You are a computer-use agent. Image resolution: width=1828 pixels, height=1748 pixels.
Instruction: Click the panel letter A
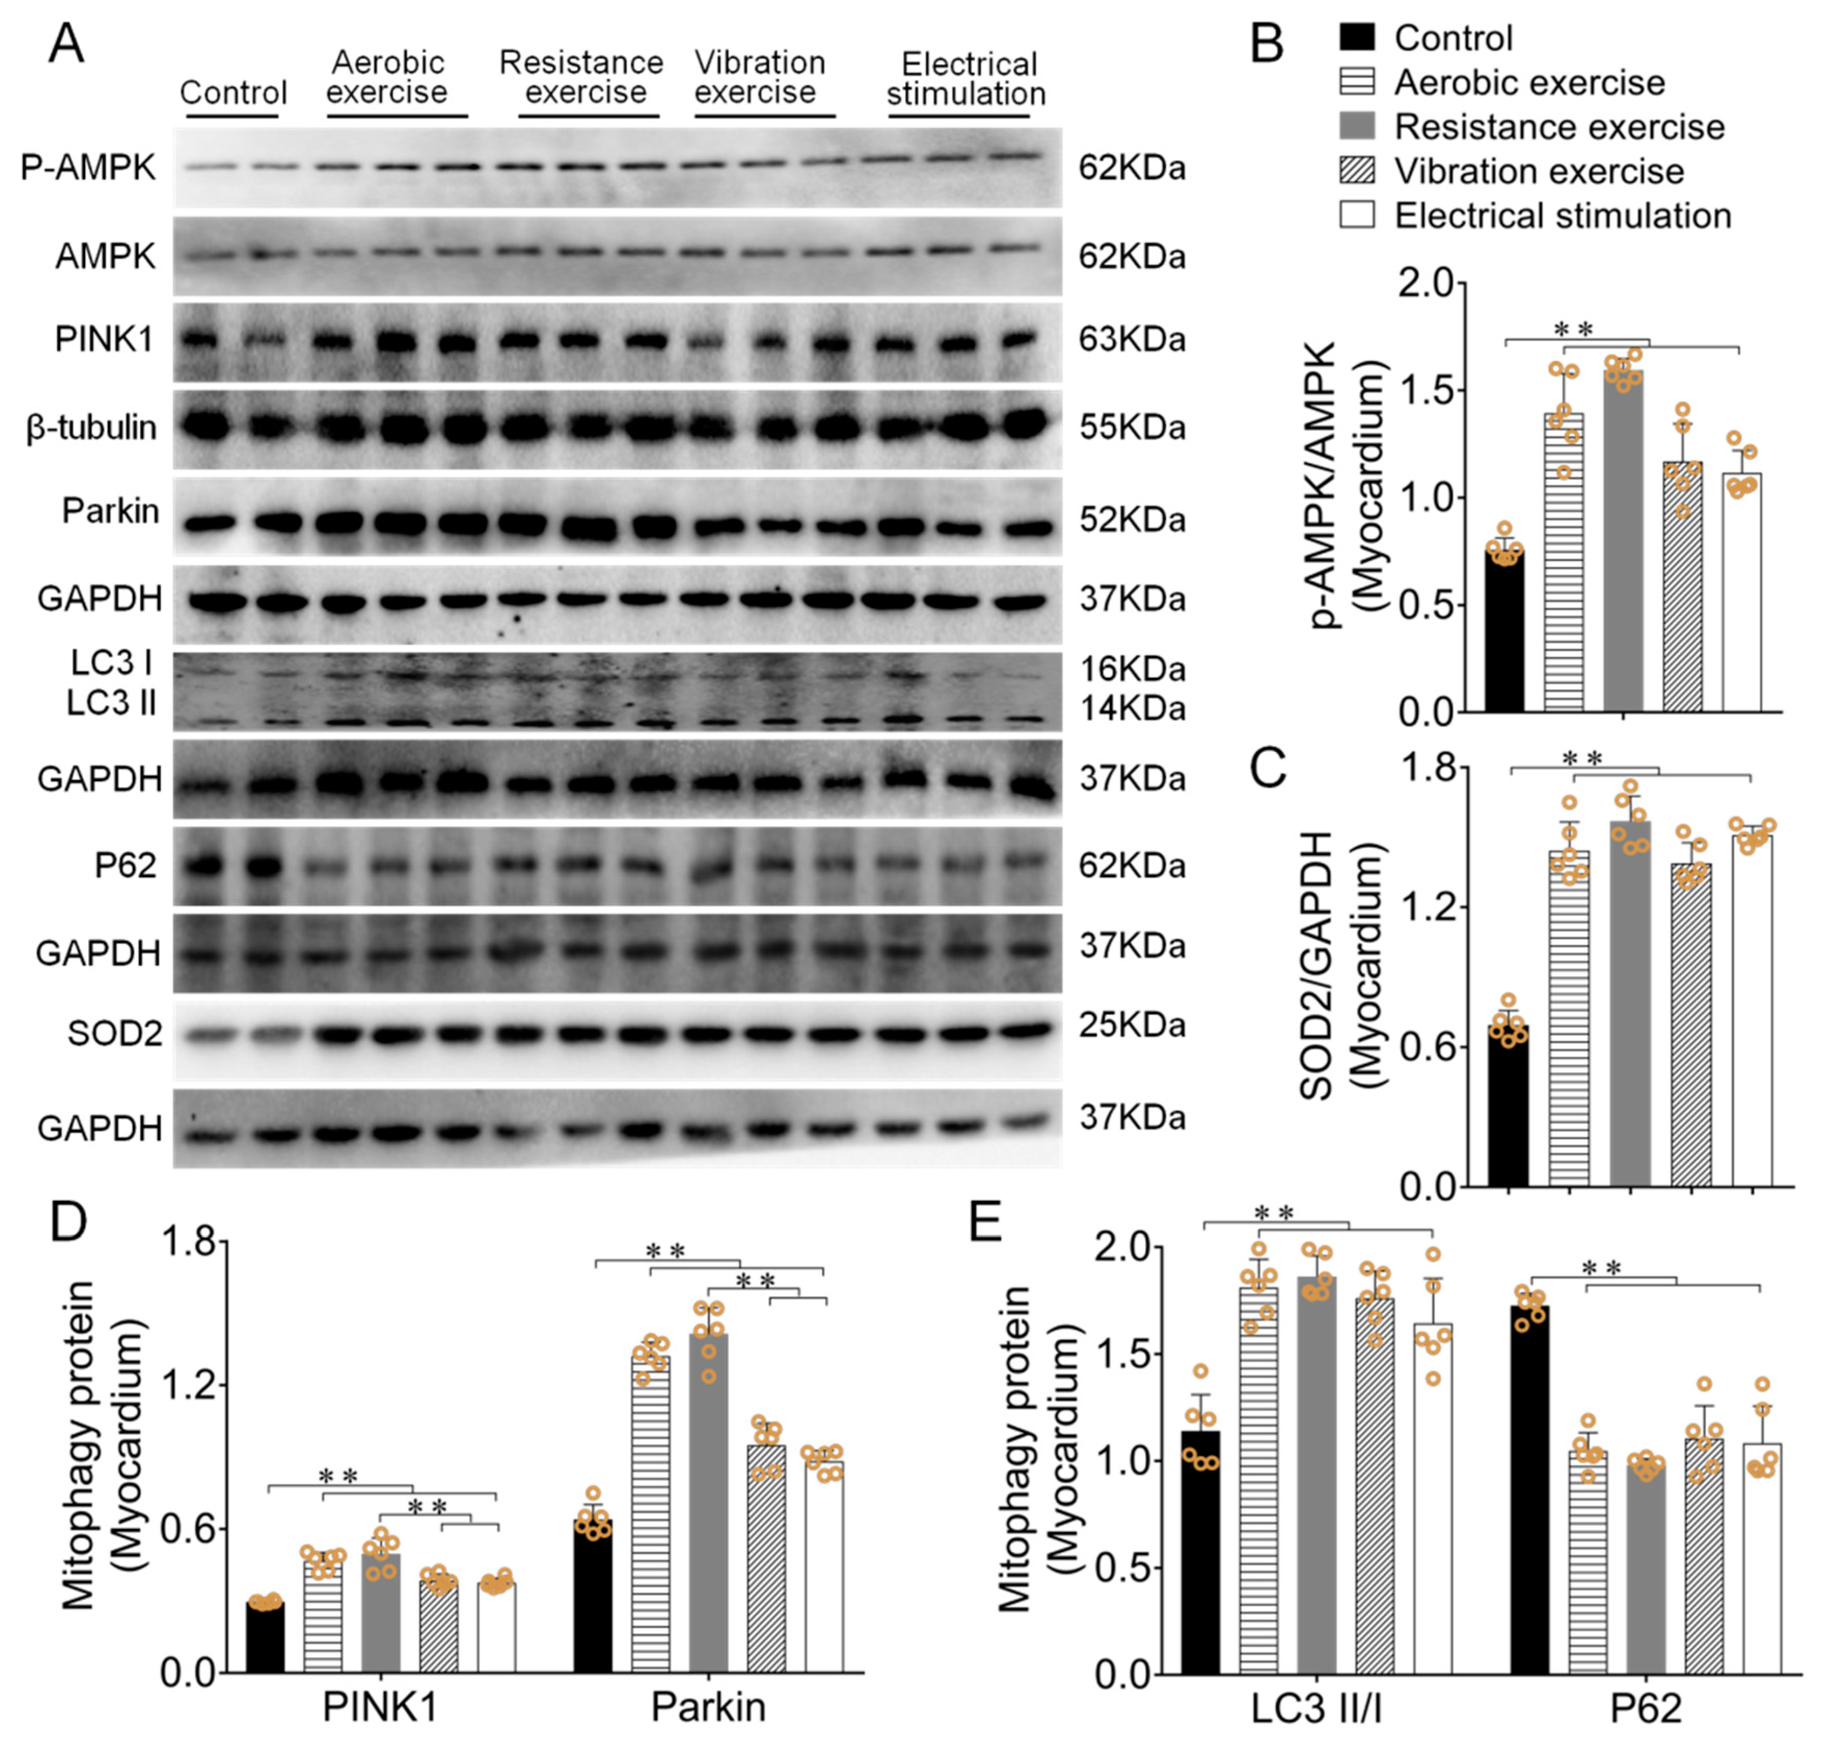65,43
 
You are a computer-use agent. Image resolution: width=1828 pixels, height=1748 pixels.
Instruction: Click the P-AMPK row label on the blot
89,168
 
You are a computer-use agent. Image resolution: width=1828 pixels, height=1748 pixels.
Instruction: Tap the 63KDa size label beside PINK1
1131,340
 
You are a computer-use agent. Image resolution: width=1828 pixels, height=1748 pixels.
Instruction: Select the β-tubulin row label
91,428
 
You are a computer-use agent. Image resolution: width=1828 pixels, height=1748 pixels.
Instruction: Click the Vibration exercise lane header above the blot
759,77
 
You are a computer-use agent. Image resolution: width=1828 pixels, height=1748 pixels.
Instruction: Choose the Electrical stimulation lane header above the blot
966,79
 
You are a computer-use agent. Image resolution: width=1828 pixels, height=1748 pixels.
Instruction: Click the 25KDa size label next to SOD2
1131,1026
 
